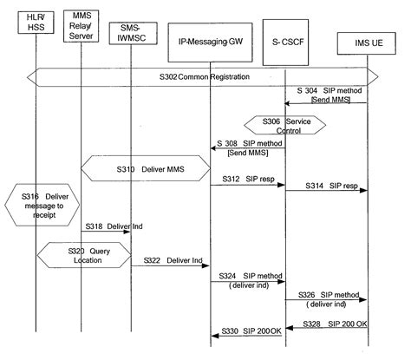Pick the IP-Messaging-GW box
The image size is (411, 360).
tap(210, 41)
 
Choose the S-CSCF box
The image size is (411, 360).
tap(285, 41)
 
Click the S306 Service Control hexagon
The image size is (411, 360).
tap(285, 125)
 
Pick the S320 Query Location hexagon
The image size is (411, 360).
tap(83, 254)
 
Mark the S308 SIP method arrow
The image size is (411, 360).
tap(248, 147)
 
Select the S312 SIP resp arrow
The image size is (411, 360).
tap(248, 184)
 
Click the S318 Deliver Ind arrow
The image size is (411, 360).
tap(104, 232)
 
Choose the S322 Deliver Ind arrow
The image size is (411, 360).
tap(171, 266)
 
